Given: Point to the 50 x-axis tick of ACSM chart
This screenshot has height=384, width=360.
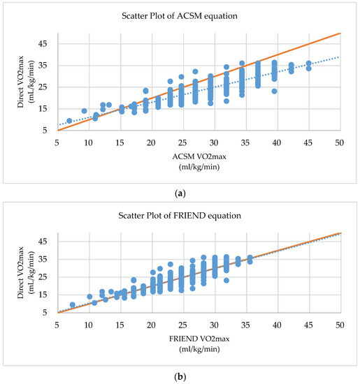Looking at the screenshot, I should (x=339, y=142).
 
